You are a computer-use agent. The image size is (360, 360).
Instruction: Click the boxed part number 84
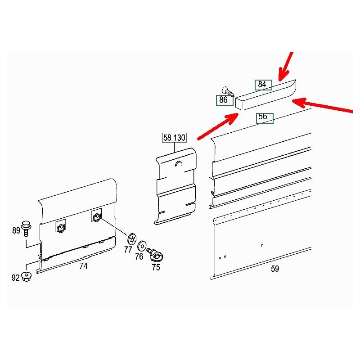pyautogui.click(x=263, y=85)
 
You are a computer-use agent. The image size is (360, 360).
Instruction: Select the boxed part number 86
pyautogui.click(x=225, y=100)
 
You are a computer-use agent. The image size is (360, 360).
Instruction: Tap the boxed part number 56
pyautogui.click(x=265, y=118)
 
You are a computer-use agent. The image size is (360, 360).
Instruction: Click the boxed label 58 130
pyautogui.click(x=174, y=138)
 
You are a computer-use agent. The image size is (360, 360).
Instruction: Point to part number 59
pyautogui.click(x=275, y=269)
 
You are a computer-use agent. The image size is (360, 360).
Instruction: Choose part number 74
pyautogui.click(x=84, y=266)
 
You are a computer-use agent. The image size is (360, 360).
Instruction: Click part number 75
pyautogui.click(x=156, y=267)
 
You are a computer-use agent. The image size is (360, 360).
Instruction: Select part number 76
pyautogui.click(x=139, y=256)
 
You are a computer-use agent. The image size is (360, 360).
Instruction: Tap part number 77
pyautogui.click(x=128, y=250)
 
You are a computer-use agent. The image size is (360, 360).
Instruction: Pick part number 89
pyautogui.click(x=16, y=230)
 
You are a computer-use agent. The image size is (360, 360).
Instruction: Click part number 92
pyautogui.click(x=16, y=278)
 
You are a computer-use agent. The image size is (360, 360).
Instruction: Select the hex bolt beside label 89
pyautogui.click(x=26, y=228)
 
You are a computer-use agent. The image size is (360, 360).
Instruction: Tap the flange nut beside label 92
pyautogui.click(x=26, y=276)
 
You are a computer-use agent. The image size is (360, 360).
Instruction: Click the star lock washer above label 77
pyautogui.click(x=132, y=239)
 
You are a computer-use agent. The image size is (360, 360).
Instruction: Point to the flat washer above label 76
pyautogui.click(x=142, y=246)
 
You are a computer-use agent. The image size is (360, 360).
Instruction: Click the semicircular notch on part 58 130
pyautogui.click(x=179, y=164)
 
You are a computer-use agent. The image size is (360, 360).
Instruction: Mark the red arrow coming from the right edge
pyautogui.click(x=322, y=105)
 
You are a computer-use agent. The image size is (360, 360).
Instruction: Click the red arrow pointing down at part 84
pyautogui.click(x=286, y=66)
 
